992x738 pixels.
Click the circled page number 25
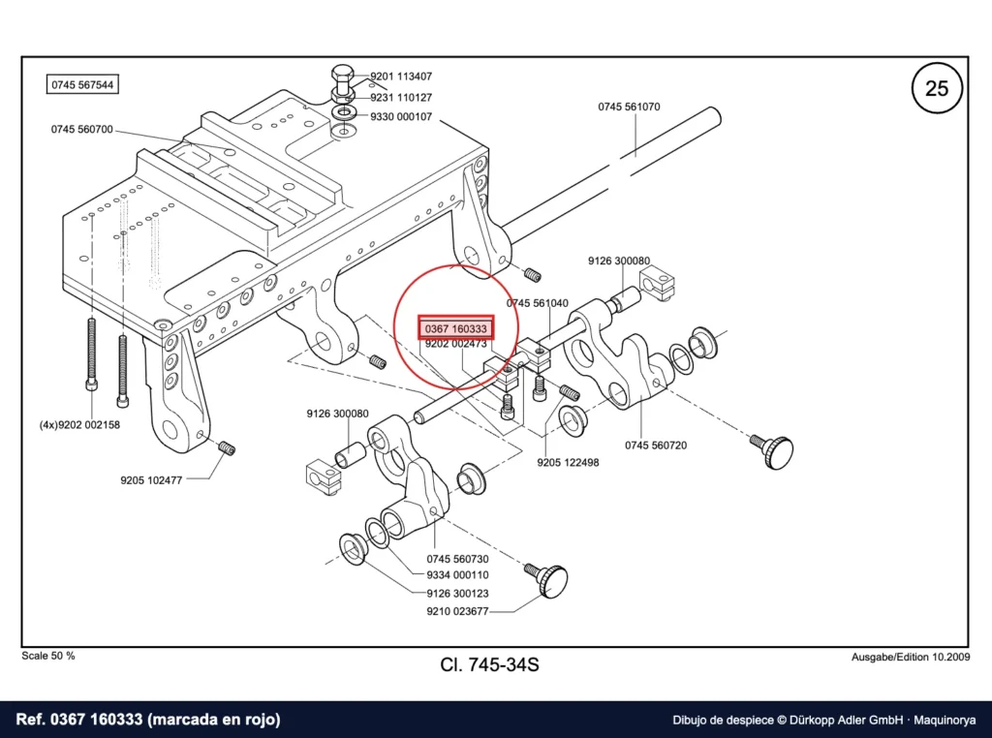(x=937, y=87)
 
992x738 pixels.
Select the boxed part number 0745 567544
(x=82, y=84)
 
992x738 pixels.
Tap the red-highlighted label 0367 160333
(x=455, y=328)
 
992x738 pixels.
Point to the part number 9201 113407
(x=401, y=77)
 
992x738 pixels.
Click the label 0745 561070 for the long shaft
(x=629, y=107)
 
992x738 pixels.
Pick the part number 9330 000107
(x=401, y=117)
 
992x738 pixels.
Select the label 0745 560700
(x=82, y=130)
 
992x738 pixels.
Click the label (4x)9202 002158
(x=79, y=425)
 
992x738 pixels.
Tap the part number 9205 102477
(x=151, y=480)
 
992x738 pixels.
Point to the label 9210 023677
(x=457, y=611)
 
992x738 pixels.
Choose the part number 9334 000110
(x=457, y=575)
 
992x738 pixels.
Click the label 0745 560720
(x=656, y=446)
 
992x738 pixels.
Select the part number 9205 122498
(x=568, y=462)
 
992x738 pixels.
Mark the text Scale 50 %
(x=48, y=656)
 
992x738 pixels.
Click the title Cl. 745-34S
(x=489, y=664)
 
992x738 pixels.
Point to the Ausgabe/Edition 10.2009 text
(x=911, y=657)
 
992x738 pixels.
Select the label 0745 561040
(x=537, y=303)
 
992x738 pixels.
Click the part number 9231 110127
(x=401, y=98)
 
